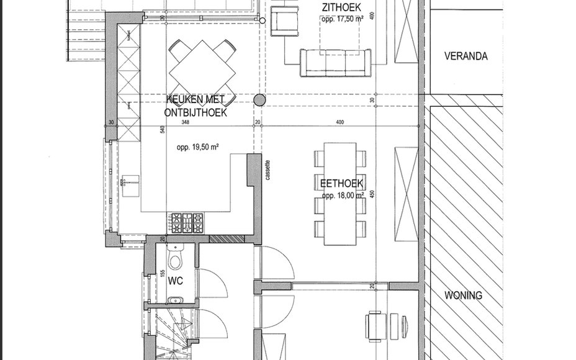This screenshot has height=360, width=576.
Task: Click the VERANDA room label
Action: [466, 56]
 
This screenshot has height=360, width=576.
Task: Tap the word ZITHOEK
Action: [343, 7]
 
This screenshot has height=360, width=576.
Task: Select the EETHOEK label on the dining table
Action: [341, 183]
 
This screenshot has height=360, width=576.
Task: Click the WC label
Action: [175, 281]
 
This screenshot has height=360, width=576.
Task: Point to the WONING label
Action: [463, 295]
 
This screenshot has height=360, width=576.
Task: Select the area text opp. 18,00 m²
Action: [341, 194]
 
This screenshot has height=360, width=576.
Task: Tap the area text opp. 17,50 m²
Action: [343, 19]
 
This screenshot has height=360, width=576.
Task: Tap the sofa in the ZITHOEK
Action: [335, 63]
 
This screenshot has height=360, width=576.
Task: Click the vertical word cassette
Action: [268, 169]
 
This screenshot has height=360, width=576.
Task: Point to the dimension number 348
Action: [185, 123]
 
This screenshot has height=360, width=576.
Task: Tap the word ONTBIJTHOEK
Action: [196, 113]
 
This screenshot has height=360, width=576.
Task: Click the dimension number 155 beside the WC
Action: [163, 272]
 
